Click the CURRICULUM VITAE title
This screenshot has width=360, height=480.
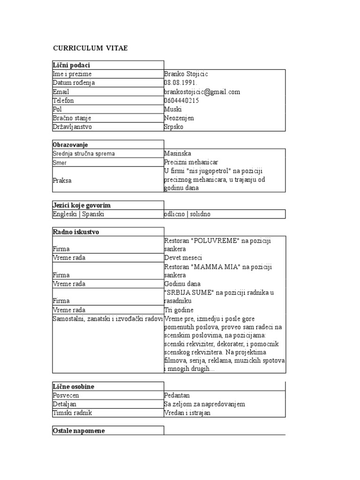[90, 48]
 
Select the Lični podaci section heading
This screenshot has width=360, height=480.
[72, 65]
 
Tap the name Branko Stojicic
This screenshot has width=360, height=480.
[186, 74]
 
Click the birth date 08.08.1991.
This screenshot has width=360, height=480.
[180, 83]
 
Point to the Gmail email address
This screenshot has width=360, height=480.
[202, 92]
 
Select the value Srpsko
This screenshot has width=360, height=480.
[174, 127]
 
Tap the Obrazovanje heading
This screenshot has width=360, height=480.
[70, 145]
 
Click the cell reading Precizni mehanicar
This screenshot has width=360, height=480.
[189, 162]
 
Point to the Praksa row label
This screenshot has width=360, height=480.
[62, 180]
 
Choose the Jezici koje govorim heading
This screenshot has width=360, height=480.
[82, 205]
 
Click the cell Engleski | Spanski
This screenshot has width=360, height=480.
[78, 214]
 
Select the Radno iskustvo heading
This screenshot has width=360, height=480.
[76, 232]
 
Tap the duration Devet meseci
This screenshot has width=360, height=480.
[183, 258]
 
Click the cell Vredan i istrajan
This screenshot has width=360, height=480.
[187, 413]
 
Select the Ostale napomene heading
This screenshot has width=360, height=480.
[78, 431]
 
